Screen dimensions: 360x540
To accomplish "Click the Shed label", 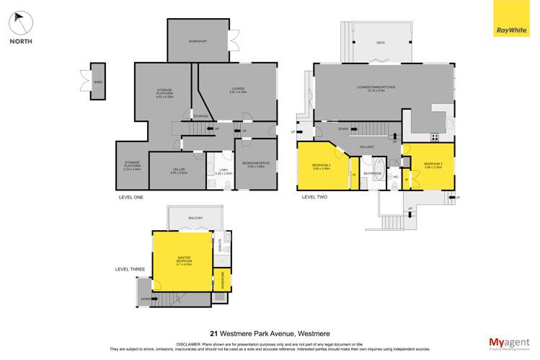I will point(98,82).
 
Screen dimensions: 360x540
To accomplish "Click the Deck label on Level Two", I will point(380,43).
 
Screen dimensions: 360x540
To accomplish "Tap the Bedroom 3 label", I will point(433,165).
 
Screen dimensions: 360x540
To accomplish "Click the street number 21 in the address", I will point(213,333).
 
